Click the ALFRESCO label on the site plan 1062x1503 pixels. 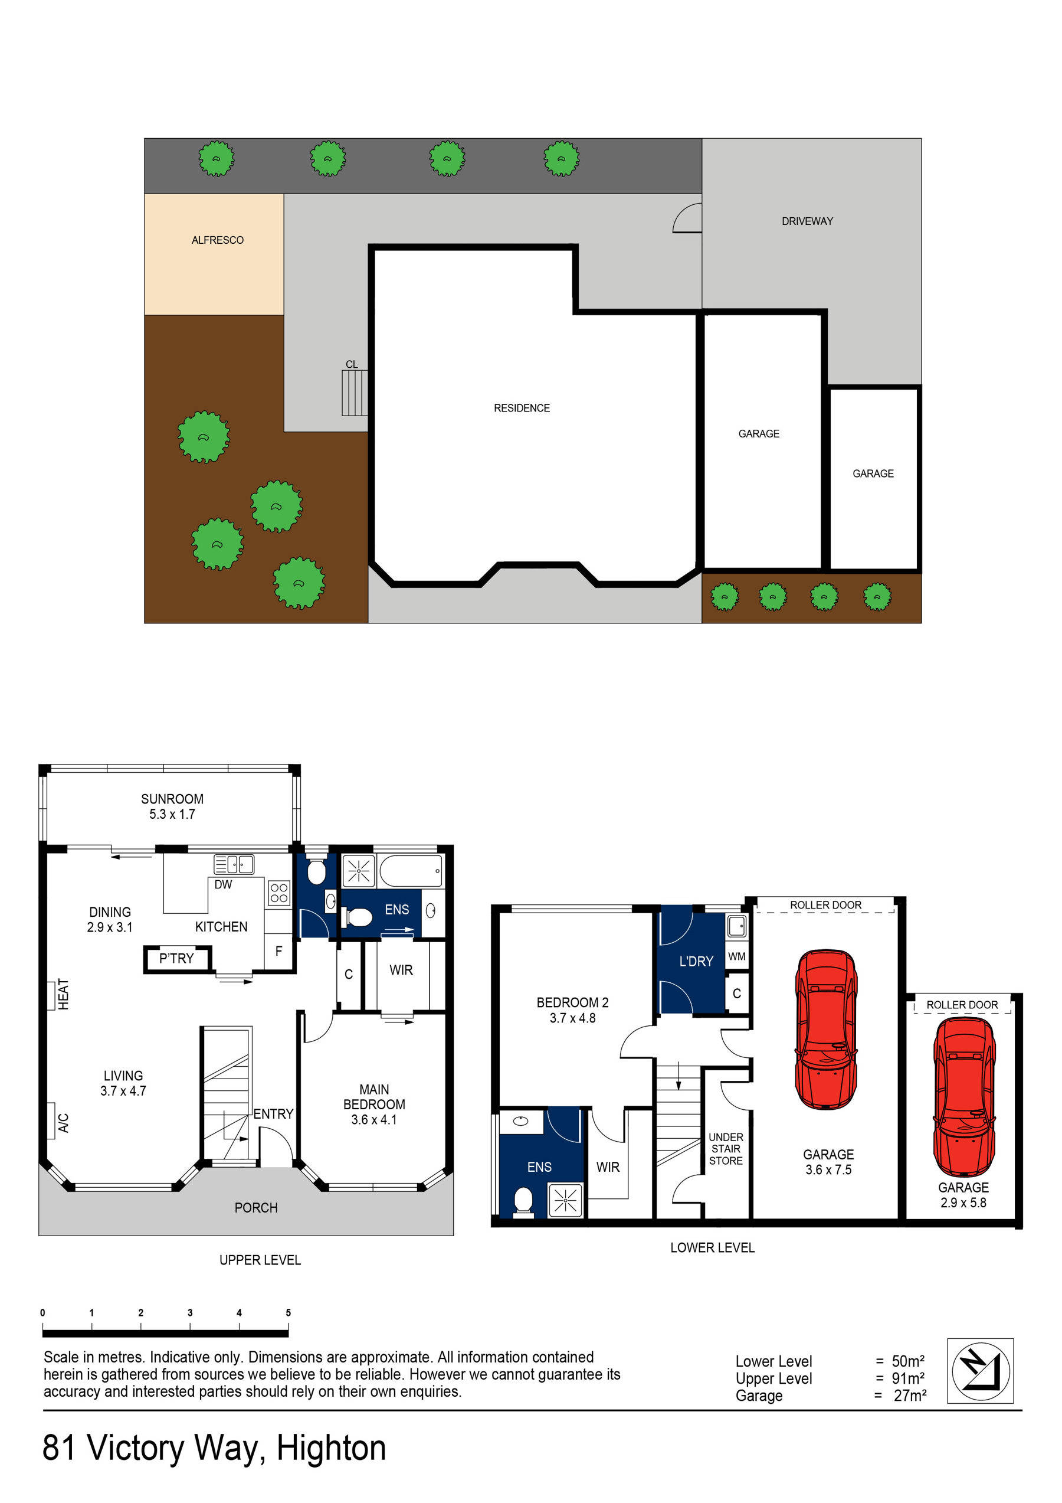pos(217,240)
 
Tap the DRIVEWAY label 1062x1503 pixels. pos(807,221)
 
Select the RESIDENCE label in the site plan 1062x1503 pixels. pos(522,408)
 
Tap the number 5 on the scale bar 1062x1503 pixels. pos(288,1312)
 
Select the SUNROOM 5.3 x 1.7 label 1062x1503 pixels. pos(172,806)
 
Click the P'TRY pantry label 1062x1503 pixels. pos(176,958)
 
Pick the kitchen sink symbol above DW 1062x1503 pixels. pos(234,864)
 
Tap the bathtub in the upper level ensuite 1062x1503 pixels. pos(410,871)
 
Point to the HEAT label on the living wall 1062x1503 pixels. pos(63,994)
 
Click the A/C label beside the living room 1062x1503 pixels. pos(63,1123)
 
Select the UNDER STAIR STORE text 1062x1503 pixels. pos(726,1149)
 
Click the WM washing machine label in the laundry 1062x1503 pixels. pos(737,956)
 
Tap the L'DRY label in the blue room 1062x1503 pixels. pos(696,961)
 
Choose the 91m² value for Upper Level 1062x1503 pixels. pos(907,1378)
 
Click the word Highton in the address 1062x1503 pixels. pos(331,1448)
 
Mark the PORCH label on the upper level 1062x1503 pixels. pos(256,1208)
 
